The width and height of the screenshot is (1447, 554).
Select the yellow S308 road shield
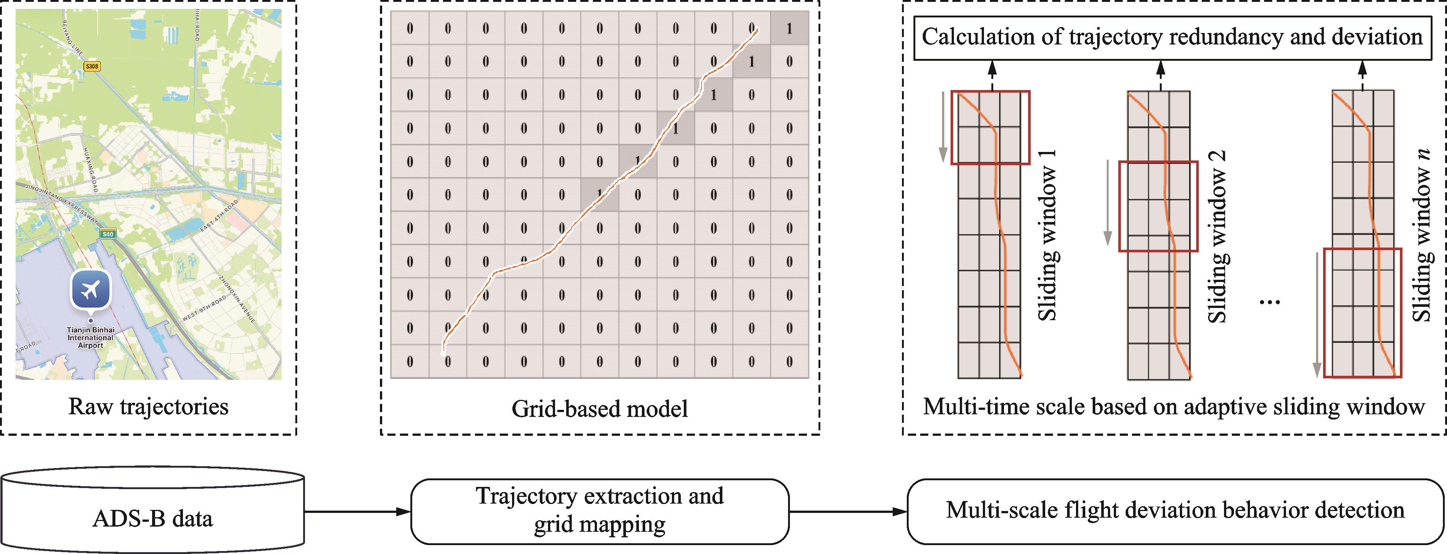(92, 66)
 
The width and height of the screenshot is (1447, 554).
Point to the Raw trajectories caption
(148, 407)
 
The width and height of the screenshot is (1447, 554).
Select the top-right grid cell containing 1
(789, 29)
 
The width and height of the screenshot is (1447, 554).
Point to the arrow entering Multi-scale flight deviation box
(848, 511)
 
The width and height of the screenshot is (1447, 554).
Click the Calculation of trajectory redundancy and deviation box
(1172, 37)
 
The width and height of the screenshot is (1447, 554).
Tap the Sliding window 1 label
(1047, 236)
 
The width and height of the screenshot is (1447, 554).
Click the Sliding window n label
(1422, 236)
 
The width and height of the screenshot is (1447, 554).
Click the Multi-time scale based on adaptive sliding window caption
(1174, 407)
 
